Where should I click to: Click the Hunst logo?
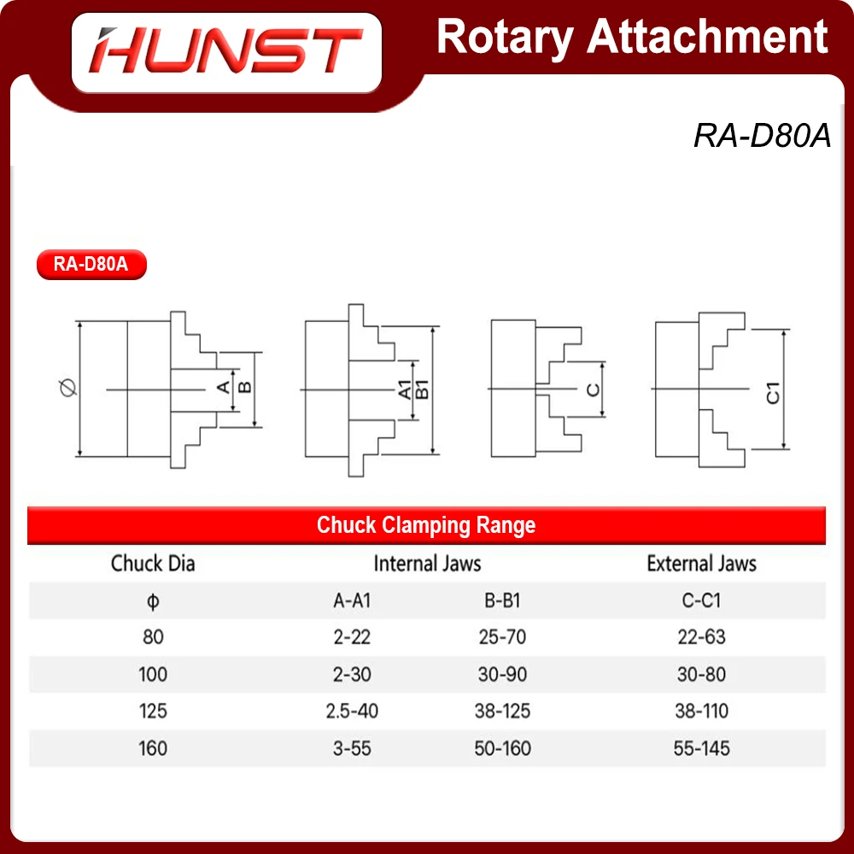pos(225,50)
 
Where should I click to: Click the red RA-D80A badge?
pos(91,264)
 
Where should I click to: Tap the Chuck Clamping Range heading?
pos(426,524)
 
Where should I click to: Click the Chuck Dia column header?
pos(153,564)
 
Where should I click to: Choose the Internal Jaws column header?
pos(427,564)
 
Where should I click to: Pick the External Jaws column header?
pos(701,564)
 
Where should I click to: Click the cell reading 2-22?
pos(352,637)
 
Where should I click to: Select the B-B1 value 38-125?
pos(502,711)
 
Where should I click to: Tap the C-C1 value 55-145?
pos(701,749)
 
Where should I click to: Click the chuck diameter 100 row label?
pos(153,675)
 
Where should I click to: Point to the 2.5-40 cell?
pos(352,711)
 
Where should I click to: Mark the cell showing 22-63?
pos(701,637)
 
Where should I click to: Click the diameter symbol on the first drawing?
pos(69,389)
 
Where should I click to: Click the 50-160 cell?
pos(502,749)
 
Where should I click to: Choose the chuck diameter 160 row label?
pos(153,749)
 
